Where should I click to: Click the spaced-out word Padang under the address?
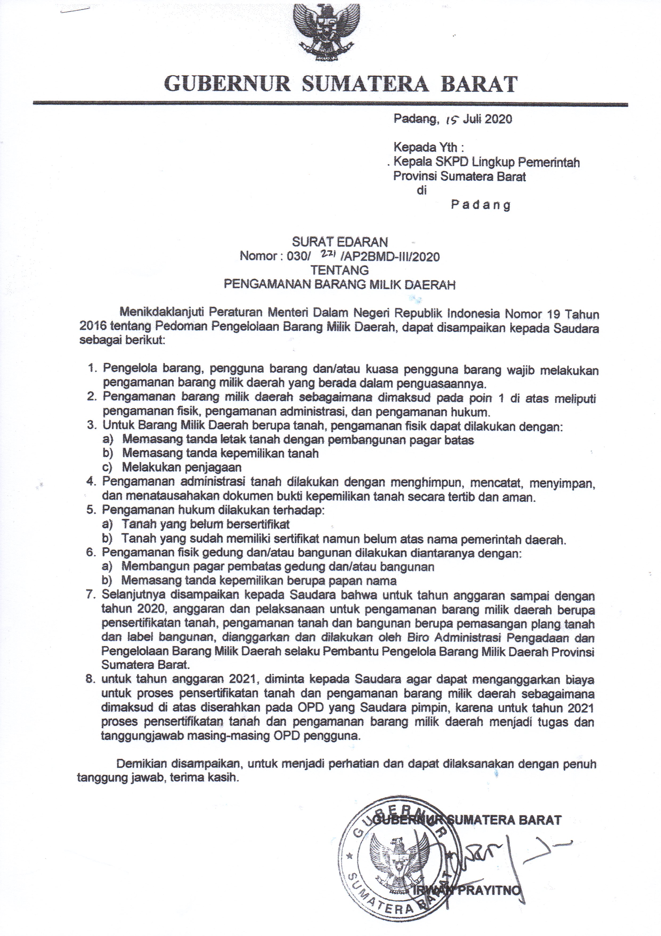481,205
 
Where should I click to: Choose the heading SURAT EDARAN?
340,242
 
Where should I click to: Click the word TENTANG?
340,270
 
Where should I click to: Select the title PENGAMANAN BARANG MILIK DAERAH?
340,284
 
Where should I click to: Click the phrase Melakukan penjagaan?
182,467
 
